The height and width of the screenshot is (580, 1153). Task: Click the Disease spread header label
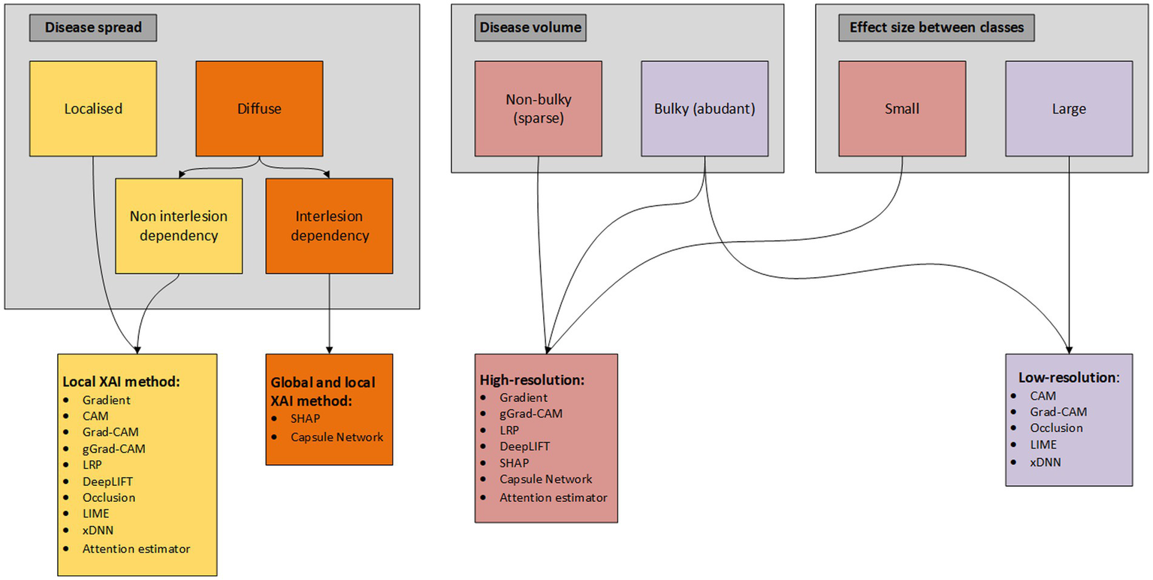point(93,29)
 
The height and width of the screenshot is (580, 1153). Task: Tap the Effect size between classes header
point(935,29)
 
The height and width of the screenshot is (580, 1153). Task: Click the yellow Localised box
point(93,108)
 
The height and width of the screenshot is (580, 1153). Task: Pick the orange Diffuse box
point(259,108)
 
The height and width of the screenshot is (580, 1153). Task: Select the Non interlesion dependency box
point(179,225)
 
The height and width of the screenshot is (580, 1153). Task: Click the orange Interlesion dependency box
point(329,225)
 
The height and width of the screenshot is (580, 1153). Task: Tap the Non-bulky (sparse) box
point(538,108)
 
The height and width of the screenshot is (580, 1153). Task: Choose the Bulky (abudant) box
point(704,108)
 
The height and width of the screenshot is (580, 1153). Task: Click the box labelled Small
point(901,108)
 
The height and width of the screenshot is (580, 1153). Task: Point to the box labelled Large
point(1068,108)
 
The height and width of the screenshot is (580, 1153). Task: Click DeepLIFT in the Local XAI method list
point(108,481)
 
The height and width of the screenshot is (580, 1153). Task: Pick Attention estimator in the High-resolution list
point(553,497)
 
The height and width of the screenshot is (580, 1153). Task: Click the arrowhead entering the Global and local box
point(329,349)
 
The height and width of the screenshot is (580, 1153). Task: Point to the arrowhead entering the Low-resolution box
point(1068,349)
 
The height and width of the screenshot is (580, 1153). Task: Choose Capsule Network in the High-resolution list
point(545,479)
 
